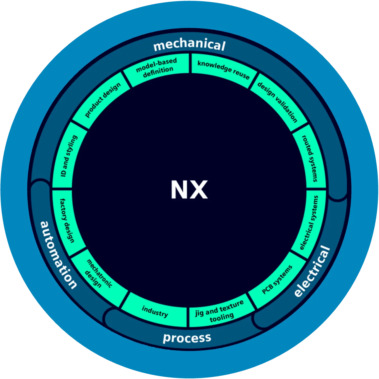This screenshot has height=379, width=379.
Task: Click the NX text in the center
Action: (189, 190)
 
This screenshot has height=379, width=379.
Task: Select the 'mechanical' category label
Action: (189, 45)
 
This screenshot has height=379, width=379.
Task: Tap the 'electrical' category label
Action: (312, 271)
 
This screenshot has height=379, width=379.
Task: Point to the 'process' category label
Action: (187, 338)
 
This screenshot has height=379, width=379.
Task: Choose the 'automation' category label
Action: (58, 255)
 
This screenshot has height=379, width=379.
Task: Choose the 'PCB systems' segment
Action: (277, 279)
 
